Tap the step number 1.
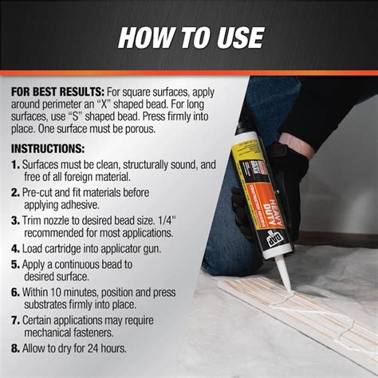[16, 165]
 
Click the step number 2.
[16, 194]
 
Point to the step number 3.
[16, 220]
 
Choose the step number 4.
[16, 247]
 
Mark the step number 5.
[16, 263]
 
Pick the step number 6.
[16, 292]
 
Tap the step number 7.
[16, 320]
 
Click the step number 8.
[16, 348]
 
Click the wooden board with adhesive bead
[303, 319]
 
